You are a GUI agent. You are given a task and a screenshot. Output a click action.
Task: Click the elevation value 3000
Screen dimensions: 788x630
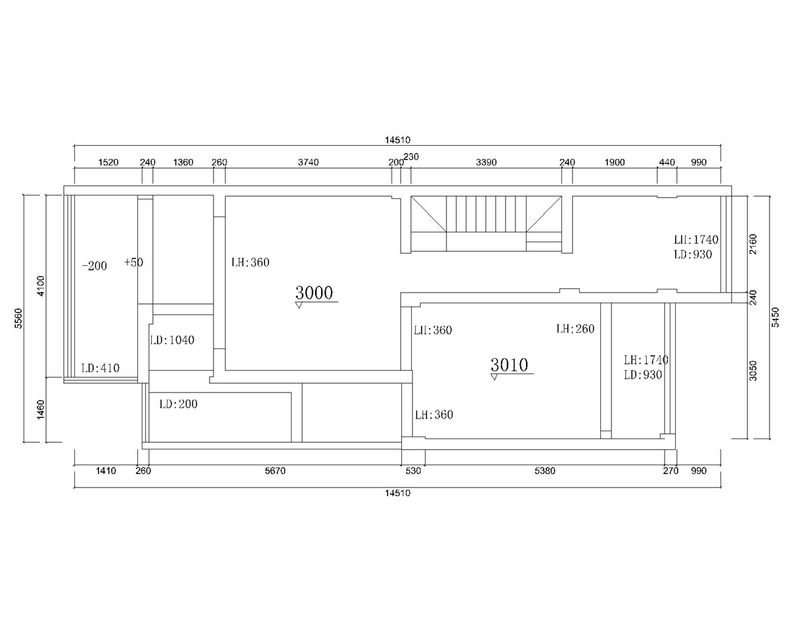(314, 293)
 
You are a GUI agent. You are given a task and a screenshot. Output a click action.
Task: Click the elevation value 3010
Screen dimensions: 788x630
(510, 365)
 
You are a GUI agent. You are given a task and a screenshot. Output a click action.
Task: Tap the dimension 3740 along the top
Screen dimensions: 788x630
(309, 162)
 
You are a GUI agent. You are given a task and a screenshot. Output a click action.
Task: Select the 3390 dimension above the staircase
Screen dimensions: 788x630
(487, 162)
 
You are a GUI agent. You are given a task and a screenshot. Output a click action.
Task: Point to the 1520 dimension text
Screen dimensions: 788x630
(108, 162)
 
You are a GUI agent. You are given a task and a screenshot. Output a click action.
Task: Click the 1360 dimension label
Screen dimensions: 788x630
(183, 162)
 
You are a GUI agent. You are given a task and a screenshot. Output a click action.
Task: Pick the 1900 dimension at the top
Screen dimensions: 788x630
(615, 162)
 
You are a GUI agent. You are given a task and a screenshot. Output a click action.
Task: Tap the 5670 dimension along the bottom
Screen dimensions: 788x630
(275, 471)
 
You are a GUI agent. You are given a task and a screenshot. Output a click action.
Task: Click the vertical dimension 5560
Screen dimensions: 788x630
(18, 318)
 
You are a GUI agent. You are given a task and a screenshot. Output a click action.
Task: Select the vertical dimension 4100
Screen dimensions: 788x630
(41, 286)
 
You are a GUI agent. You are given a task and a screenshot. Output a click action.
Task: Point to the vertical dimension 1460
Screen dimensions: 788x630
(41, 410)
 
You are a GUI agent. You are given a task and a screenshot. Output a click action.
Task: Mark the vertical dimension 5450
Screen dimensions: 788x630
(776, 318)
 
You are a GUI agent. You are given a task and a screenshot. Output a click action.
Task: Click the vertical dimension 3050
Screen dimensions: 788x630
(753, 371)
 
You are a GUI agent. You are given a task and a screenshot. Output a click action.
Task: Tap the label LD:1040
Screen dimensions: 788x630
(172, 340)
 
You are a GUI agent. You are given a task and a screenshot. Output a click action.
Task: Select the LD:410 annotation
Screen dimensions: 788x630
(100, 368)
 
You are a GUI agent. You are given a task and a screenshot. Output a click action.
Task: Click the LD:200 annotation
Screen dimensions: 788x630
(179, 404)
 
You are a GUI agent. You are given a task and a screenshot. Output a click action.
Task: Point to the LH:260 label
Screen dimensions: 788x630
(575, 329)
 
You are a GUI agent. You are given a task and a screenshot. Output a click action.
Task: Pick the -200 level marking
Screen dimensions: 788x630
(95, 266)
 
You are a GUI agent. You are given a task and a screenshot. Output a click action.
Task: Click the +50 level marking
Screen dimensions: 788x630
(134, 262)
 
